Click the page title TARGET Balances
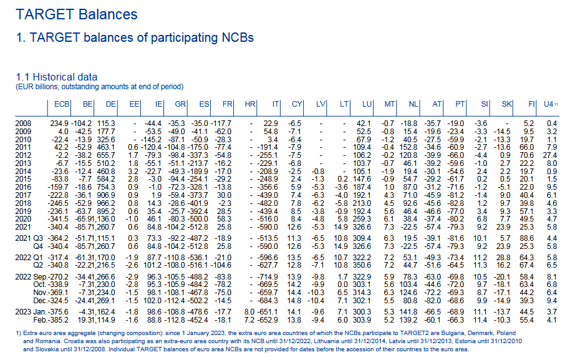pos(77,14)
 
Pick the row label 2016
pos(24,187)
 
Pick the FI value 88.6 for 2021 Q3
pos(526,238)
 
